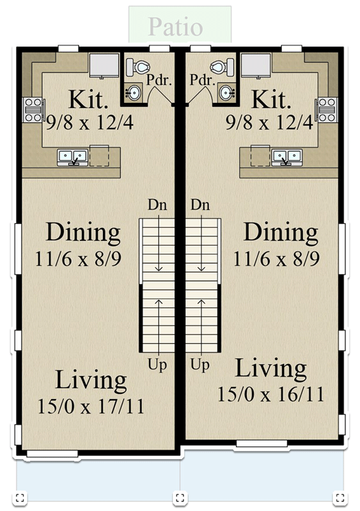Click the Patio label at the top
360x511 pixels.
[x=175, y=27]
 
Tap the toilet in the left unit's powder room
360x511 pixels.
[x=139, y=66]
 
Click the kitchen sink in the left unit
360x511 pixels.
[x=72, y=156]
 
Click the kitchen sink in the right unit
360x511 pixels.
[x=286, y=156]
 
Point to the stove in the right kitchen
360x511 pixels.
[x=327, y=109]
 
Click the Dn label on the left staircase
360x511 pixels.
[x=157, y=205]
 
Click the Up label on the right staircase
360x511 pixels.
[x=201, y=366]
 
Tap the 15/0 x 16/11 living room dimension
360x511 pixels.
[x=270, y=394]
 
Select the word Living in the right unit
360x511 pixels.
[x=270, y=369]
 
